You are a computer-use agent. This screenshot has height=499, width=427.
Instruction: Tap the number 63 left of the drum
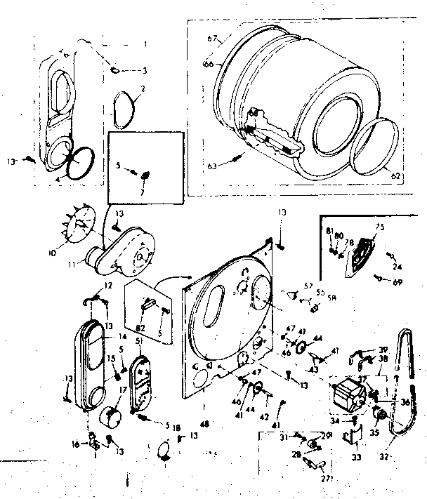[x=211, y=167]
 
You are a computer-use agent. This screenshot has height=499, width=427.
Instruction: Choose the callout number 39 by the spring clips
[x=384, y=349]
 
